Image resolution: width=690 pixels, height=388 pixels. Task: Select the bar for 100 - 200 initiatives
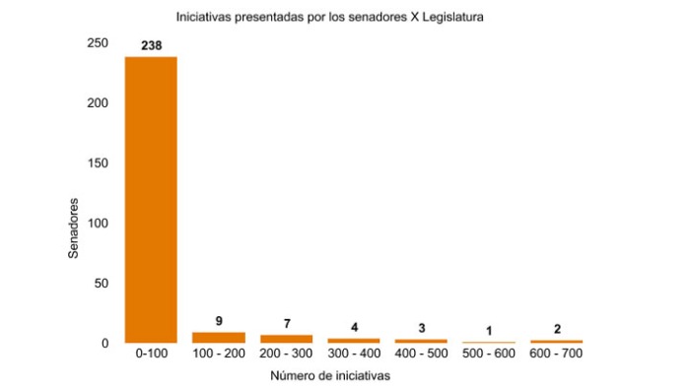click(x=219, y=337)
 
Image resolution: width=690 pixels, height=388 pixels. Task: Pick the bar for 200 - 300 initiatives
click(x=286, y=338)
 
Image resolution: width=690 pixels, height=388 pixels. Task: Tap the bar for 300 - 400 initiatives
click(x=354, y=340)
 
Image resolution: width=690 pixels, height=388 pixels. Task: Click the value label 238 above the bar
click(x=152, y=44)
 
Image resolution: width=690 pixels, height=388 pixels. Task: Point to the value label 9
click(x=219, y=321)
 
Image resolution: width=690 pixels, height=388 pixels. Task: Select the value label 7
click(x=286, y=323)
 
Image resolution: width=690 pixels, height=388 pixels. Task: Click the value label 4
click(x=354, y=327)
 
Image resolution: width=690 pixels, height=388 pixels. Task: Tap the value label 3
click(x=421, y=328)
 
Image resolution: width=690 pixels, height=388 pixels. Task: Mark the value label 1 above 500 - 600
click(x=489, y=331)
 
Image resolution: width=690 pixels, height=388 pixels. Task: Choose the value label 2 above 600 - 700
click(x=557, y=329)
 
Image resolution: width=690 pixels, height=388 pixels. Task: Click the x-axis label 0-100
click(x=151, y=354)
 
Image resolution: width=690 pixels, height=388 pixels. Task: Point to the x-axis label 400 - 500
click(x=421, y=354)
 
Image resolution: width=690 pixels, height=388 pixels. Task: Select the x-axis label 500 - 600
click(x=489, y=354)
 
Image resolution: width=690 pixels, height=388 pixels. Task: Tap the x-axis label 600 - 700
click(x=557, y=354)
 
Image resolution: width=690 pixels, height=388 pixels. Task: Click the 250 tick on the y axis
click(x=98, y=43)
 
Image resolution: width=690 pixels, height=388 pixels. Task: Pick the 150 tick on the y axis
click(x=98, y=163)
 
